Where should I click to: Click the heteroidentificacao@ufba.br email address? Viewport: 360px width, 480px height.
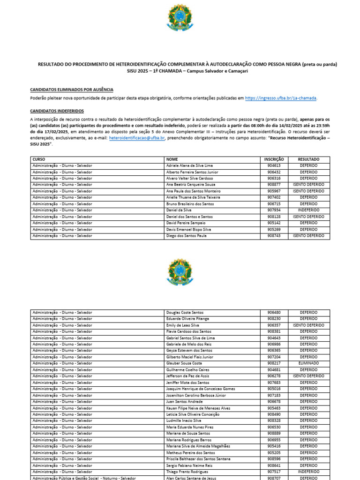tap(136, 138)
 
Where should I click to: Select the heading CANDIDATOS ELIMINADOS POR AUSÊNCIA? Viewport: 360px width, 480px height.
tap(71, 90)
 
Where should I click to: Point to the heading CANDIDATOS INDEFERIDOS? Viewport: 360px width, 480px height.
tap(57, 111)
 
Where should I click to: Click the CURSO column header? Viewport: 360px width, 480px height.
tap(39, 159)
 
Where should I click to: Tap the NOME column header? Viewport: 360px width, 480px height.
tap(172, 159)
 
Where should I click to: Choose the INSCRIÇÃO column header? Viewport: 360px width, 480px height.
tap(274, 159)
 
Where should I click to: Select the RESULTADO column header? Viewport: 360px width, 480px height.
tap(308, 159)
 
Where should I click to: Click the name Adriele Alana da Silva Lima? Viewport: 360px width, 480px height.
tap(189, 166)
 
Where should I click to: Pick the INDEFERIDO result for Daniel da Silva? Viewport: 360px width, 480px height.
tap(308, 210)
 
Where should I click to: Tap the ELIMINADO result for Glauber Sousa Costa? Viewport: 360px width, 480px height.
tap(308, 363)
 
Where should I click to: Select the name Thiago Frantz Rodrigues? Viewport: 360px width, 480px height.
tap(187, 472)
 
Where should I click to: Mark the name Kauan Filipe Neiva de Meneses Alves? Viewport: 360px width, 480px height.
tap(198, 408)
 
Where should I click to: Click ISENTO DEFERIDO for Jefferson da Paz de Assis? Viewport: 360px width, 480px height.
tap(308, 376)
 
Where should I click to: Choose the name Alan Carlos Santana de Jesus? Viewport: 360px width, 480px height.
tap(191, 478)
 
